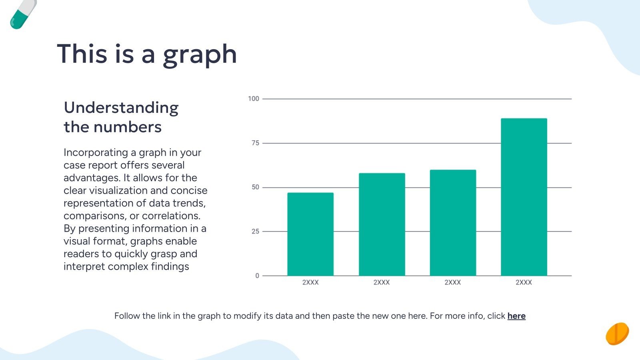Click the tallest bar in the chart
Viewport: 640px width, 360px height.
(x=524, y=197)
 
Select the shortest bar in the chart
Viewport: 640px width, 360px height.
(x=310, y=234)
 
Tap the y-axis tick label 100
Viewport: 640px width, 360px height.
(x=254, y=99)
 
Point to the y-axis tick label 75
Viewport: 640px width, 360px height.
(x=255, y=143)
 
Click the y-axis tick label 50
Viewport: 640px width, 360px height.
(x=255, y=187)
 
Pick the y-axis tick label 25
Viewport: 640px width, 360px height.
(x=255, y=232)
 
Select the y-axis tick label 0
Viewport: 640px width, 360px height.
(x=257, y=276)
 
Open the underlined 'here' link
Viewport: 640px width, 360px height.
(x=516, y=316)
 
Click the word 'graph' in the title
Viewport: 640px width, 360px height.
(x=200, y=54)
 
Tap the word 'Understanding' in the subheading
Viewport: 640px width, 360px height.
(x=121, y=108)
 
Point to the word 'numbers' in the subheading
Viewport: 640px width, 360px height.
(x=128, y=127)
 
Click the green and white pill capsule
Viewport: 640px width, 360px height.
(x=22, y=14)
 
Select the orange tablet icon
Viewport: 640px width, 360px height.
(x=617, y=334)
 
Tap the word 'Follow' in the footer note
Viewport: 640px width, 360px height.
(x=127, y=316)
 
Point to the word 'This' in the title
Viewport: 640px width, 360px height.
(x=82, y=54)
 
